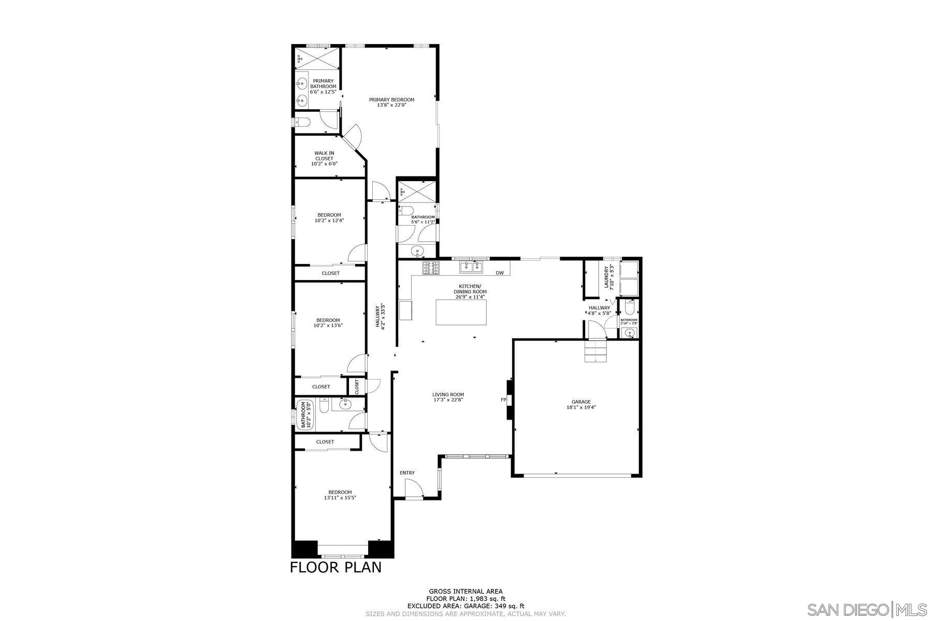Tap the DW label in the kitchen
pyautogui.click(x=500, y=273)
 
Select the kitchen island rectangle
pyautogui.click(x=461, y=312)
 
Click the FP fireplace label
pyautogui.click(x=503, y=400)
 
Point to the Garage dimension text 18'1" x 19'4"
pyautogui.click(x=581, y=407)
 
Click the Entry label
pyautogui.click(x=407, y=472)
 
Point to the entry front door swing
pyautogui.click(x=413, y=488)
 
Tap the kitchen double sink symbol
pyautogui.click(x=471, y=267)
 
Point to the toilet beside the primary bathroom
pyautogui.click(x=302, y=122)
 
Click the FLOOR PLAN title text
pyautogui.click(x=336, y=568)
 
